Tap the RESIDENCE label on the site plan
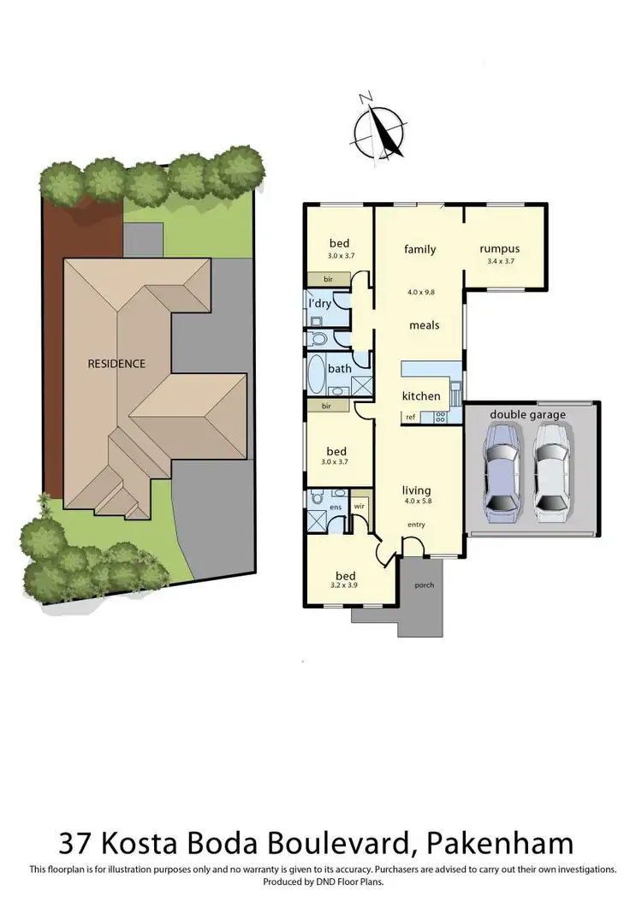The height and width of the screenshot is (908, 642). tap(116, 363)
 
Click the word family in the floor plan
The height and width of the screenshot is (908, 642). tap(419, 249)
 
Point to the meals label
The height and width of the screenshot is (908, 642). tap(424, 325)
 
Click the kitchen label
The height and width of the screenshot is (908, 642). tap(421, 396)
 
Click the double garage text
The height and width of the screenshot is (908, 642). tap(527, 415)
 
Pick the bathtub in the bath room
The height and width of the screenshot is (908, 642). tap(316, 373)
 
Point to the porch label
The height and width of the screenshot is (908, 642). tap(423, 585)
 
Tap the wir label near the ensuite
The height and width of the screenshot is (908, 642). tap(360, 506)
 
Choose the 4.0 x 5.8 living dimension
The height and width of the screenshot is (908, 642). tap(417, 502)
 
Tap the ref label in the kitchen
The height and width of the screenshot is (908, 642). tap(411, 417)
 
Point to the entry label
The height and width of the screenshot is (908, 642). tap(417, 525)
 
